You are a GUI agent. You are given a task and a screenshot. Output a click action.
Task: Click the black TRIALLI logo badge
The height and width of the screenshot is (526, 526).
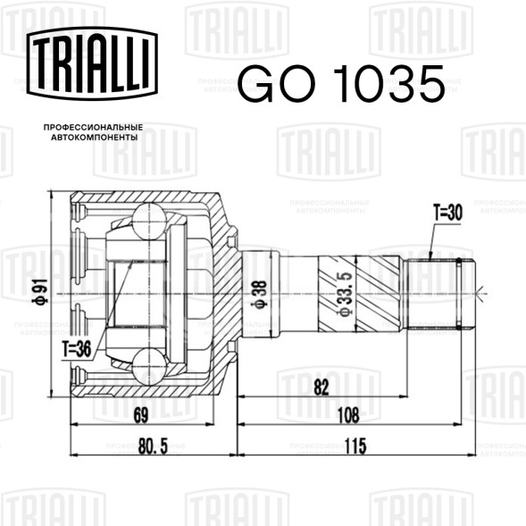[92, 63]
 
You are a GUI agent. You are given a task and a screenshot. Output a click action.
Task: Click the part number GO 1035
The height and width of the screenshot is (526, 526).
[341, 84]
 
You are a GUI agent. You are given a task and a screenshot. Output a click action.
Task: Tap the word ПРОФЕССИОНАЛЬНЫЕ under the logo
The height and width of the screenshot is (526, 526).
[93, 128]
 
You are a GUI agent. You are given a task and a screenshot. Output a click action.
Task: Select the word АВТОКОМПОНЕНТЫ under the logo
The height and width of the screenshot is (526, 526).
[95, 138]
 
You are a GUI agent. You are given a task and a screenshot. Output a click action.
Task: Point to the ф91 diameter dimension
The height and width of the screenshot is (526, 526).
[39, 290]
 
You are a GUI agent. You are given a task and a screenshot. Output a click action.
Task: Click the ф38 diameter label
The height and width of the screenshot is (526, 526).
[260, 294]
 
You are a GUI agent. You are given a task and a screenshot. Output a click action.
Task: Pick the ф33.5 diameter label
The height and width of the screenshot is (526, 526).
[346, 294]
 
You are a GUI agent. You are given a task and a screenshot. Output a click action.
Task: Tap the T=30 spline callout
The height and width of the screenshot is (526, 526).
[447, 213]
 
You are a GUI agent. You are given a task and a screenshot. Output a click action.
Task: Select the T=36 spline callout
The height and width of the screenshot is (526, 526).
[77, 349]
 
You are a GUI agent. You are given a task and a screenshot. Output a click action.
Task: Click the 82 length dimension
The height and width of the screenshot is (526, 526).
[321, 388]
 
